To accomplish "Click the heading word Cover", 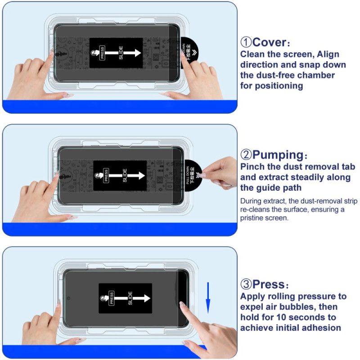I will (x=269, y=42).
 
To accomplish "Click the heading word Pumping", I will (x=277, y=155).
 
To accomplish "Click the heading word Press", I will (x=268, y=284).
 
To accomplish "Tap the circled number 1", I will (x=246, y=42).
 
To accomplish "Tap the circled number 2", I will (x=246, y=155).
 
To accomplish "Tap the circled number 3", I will (x=246, y=284).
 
